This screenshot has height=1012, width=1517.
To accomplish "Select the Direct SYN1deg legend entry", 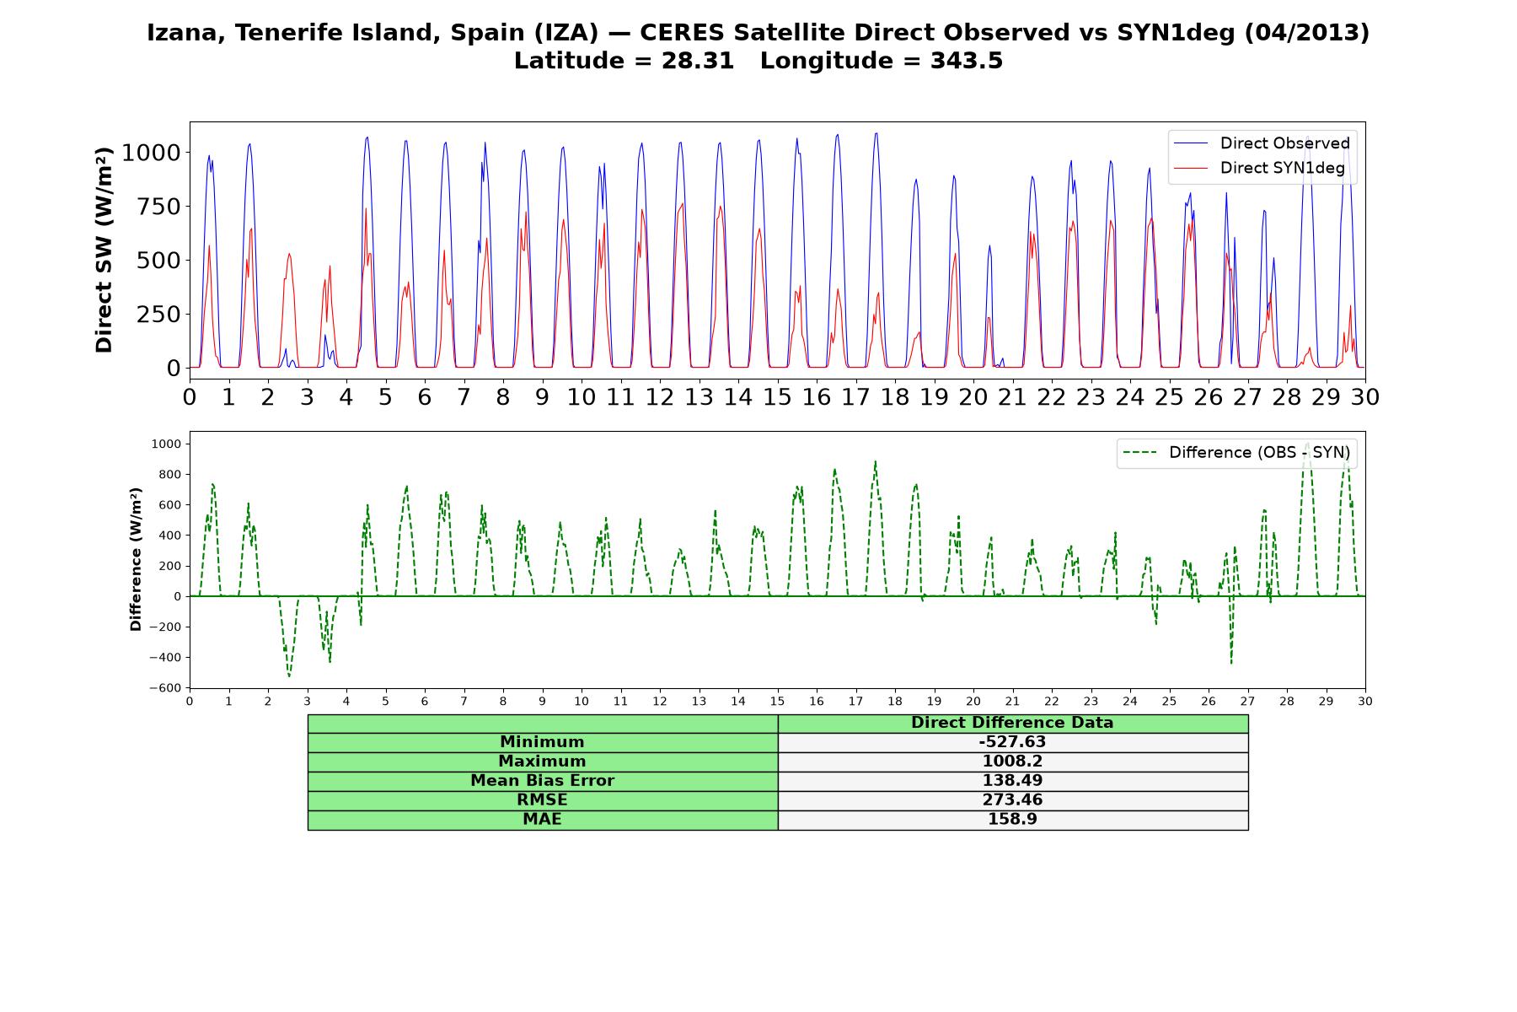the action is coord(1260,168).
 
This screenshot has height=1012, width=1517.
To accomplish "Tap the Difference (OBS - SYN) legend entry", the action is coord(1237,453).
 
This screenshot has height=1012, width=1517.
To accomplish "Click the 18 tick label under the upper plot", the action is coord(895,396).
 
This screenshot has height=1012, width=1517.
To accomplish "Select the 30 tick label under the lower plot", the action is coord(1365,702).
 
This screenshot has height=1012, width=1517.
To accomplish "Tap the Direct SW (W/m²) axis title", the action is coord(104,250).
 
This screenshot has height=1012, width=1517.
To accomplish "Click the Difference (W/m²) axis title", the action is coord(136,560).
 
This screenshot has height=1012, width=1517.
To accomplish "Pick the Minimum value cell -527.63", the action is coord(1012,742).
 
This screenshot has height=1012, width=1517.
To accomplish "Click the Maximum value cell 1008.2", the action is coord(1012,762).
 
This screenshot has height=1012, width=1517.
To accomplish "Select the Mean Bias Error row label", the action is coord(542,781).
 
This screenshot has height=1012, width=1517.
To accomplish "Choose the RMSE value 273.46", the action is coord(1012,800).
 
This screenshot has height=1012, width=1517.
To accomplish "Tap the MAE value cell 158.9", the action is coord(1012,820).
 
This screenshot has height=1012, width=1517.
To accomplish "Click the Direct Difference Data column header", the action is coord(1012,723).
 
